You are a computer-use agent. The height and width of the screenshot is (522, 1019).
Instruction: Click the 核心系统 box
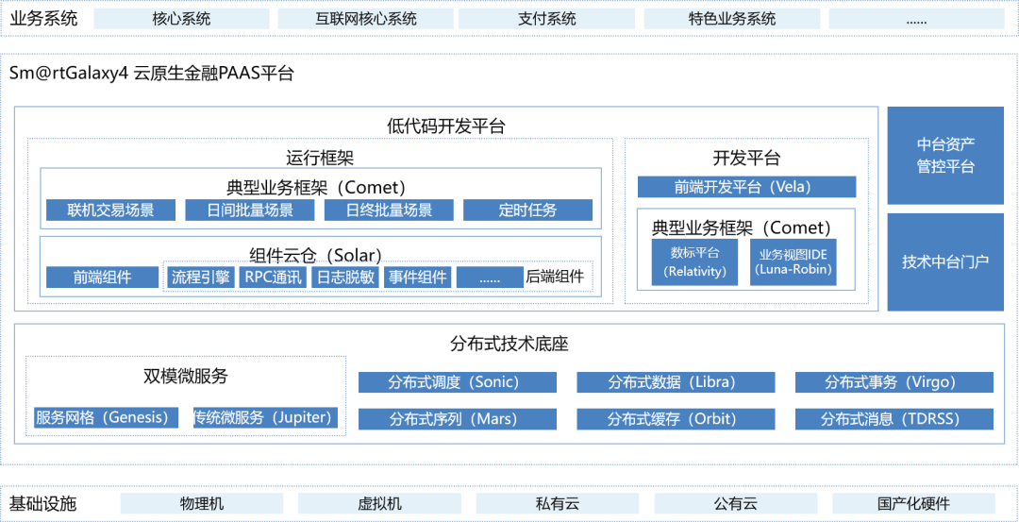pyautogui.click(x=181, y=19)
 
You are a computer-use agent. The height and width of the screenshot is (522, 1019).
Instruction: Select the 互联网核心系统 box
pyautogui.click(x=365, y=19)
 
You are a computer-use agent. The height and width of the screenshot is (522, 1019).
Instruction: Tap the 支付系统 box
pyautogui.click(x=547, y=19)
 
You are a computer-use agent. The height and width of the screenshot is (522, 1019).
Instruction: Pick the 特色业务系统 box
pyautogui.click(x=732, y=19)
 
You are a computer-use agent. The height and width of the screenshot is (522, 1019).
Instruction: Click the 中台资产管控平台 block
pyautogui.click(x=945, y=156)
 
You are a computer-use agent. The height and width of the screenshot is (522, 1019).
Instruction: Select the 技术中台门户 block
pyautogui.click(x=945, y=261)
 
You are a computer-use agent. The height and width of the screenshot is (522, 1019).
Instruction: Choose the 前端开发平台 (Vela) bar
pyautogui.click(x=746, y=187)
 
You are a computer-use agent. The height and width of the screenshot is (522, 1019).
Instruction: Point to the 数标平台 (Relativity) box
pyautogui.click(x=696, y=261)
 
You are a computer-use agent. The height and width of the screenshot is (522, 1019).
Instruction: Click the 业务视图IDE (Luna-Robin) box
pyautogui.click(x=793, y=261)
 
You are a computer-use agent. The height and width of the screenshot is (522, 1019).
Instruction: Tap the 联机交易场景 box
pyautogui.click(x=110, y=210)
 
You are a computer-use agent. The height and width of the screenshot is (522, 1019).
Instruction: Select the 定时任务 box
pyautogui.click(x=527, y=210)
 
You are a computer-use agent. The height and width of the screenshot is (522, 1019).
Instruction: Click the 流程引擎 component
pyautogui.click(x=200, y=278)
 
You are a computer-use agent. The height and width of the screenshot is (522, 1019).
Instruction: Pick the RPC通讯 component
pyautogui.click(x=274, y=278)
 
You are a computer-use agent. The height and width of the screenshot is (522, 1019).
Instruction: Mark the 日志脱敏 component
pyautogui.click(x=345, y=278)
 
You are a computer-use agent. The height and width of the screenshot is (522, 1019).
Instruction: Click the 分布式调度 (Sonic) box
pyautogui.click(x=458, y=382)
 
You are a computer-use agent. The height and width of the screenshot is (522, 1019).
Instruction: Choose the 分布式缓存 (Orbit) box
pyautogui.click(x=676, y=419)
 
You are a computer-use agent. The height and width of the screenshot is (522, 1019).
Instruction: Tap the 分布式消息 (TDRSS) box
pyautogui.click(x=894, y=419)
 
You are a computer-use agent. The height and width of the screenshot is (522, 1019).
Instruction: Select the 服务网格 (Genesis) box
pyautogui.click(x=102, y=417)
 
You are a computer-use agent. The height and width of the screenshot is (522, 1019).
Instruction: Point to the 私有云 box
pyautogui.click(x=557, y=504)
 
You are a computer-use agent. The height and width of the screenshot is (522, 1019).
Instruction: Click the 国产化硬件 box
pyautogui.click(x=913, y=504)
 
